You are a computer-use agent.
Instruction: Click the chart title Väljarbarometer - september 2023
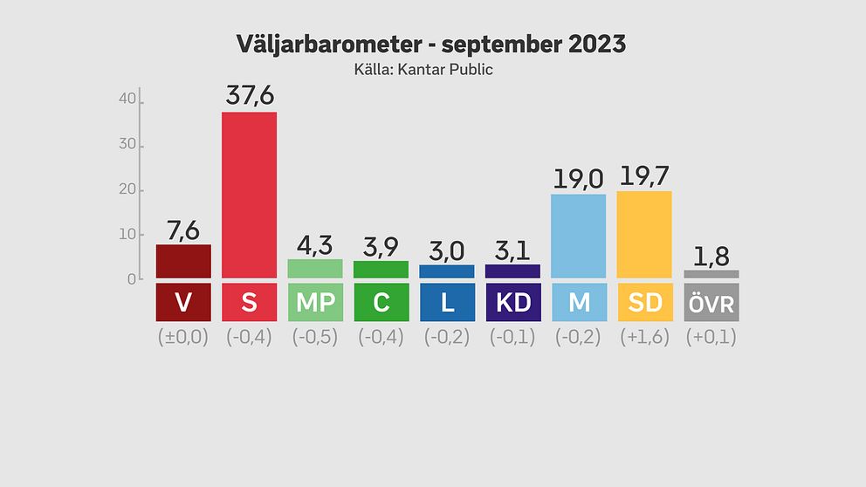(431, 45)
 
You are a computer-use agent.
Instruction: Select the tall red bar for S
(249, 195)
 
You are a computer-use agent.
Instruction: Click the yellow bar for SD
(644, 234)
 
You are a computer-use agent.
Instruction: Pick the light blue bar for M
(578, 236)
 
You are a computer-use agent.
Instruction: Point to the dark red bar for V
(183, 261)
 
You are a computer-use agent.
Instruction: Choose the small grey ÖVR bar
(711, 274)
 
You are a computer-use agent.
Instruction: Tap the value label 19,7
(645, 175)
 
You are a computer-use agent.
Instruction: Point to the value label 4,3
(315, 243)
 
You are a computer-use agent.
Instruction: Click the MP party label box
(315, 302)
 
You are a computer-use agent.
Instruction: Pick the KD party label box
(512, 302)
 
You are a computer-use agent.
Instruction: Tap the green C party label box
(381, 302)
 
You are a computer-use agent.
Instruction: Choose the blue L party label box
(447, 302)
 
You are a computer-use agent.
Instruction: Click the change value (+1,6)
(644, 337)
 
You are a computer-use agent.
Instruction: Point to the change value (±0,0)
(183, 337)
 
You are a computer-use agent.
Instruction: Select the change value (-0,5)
(315, 337)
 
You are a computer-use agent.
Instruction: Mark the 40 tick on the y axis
(127, 100)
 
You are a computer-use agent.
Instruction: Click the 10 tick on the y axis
(127, 235)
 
